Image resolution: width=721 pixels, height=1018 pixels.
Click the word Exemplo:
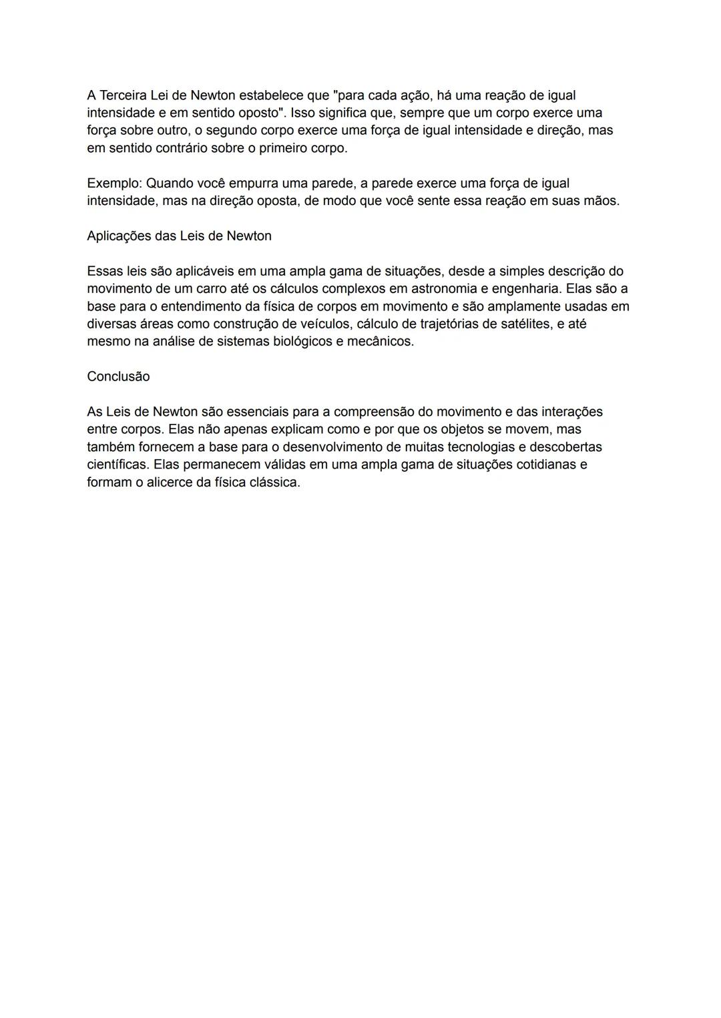(x=114, y=183)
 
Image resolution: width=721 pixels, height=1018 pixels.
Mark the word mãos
(x=601, y=201)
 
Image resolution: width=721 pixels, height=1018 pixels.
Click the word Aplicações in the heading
(x=118, y=236)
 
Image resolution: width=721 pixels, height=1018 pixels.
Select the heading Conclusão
(x=118, y=376)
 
